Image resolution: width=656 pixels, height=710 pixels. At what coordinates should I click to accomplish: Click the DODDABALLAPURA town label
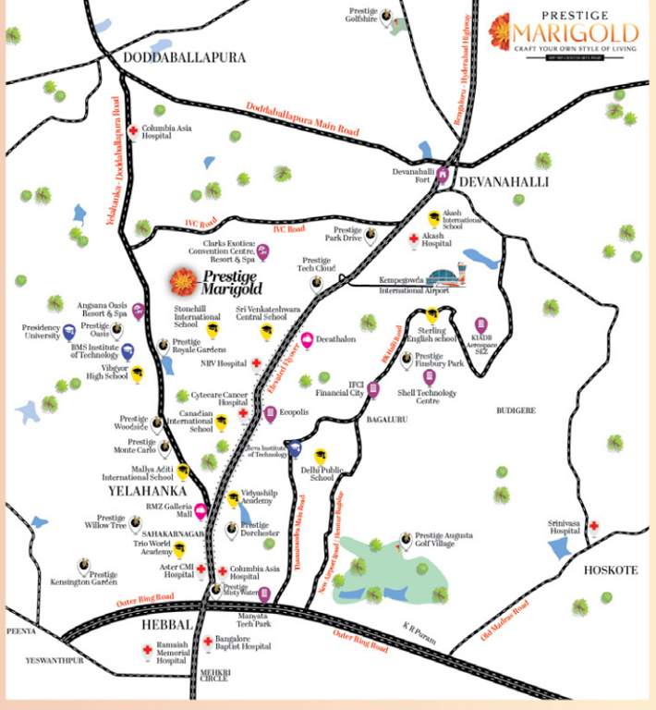click(185, 57)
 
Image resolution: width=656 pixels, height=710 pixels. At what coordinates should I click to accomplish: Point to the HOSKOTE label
click(610, 570)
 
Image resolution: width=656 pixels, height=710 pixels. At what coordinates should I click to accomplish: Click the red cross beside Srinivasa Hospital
click(594, 527)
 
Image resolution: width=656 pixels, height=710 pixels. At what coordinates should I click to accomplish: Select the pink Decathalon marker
click(308, 339)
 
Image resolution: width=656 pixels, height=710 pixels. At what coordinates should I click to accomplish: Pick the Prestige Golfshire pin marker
click(386, 14)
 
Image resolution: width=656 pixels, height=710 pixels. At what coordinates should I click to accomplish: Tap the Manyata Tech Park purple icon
click(265, 594)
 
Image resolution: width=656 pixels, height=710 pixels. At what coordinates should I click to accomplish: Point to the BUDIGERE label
click(516, 410)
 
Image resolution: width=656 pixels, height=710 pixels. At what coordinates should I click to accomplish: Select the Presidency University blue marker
click(68, 330)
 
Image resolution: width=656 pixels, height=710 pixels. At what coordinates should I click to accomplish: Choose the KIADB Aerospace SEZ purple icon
click(480, 325)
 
